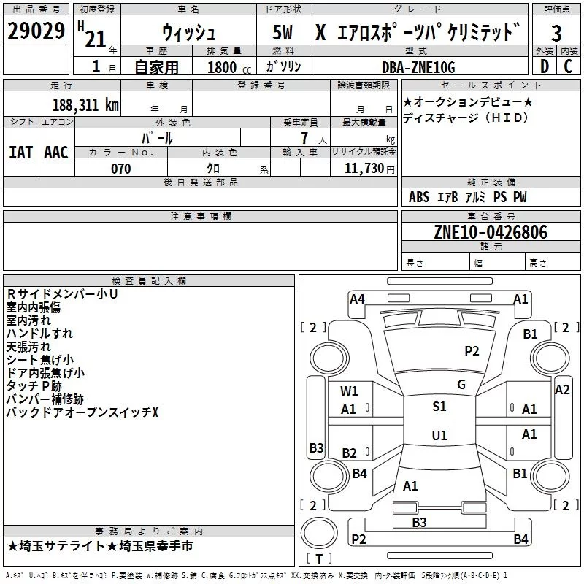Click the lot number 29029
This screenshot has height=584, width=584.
(36, 32)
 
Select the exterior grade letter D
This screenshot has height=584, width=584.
(545, 66)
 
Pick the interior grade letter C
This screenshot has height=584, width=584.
(568, 66)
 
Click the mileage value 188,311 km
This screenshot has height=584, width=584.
(85, 104)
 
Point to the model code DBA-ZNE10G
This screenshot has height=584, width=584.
(418, 67)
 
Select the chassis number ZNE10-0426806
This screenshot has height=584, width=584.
(491, 232)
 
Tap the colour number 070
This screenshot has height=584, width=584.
(120, 169)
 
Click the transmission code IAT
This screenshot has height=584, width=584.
(20, 153)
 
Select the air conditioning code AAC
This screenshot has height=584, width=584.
(55, 153)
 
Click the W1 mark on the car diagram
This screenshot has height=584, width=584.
(349, 391)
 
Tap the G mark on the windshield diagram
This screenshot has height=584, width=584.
(461, 385)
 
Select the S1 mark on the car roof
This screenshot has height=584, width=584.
(439, 407)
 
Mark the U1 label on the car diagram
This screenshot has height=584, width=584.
(439, 435)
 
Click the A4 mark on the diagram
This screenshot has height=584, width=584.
(357, 299)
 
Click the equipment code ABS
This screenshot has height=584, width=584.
(419, 197)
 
